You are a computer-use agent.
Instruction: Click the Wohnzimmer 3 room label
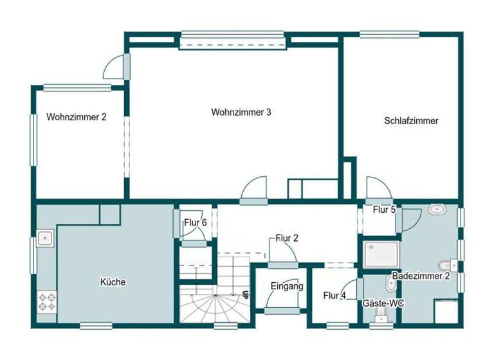click(241, 112)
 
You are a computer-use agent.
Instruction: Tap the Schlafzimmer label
click(411, 120)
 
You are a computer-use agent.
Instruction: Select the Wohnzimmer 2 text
click(76, 117)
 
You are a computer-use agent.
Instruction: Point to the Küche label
click(113, 282)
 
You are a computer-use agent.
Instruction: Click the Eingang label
click(286, 286)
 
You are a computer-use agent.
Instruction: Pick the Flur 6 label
click(195, 222)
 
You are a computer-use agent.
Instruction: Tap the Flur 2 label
click(287, 238)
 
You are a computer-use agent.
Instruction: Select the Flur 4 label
click(334, 296)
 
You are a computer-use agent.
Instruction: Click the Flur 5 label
click(384, 210)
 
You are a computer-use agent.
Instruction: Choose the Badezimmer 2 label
click(421, 276)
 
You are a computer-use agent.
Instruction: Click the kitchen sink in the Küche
click(44, 239)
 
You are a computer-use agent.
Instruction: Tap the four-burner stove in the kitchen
click(47, 301)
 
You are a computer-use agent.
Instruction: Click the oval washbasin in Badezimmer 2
click(438, 210)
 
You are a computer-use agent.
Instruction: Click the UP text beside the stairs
click(245, 295)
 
